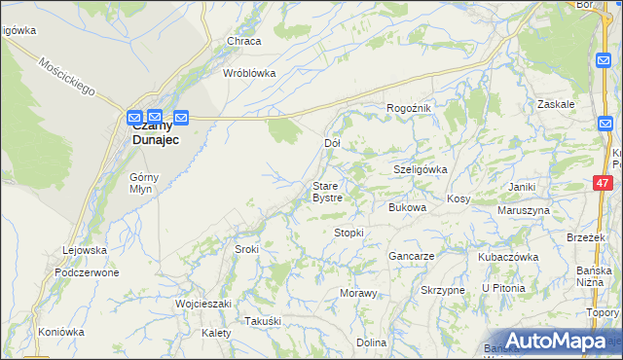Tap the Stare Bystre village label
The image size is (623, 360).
[x=326, y=192]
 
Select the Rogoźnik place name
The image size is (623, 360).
[x=408, y=108]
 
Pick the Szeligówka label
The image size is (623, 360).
[x=420, y=168]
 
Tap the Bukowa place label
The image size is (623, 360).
[x=407, y=207]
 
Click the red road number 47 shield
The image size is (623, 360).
[x=603, y=182]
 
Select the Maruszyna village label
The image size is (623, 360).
[x=524, y=210]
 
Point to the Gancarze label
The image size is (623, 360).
[x=411, y=256]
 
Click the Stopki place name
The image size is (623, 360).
[x=348, y=233]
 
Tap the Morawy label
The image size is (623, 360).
[x=357, y=293]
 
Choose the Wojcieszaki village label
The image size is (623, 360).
[x=202, y=304]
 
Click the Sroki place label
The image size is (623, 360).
[x=246, y=249]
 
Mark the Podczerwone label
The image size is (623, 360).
[x=87, y=272]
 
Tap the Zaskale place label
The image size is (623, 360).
[x=556, y=103]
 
